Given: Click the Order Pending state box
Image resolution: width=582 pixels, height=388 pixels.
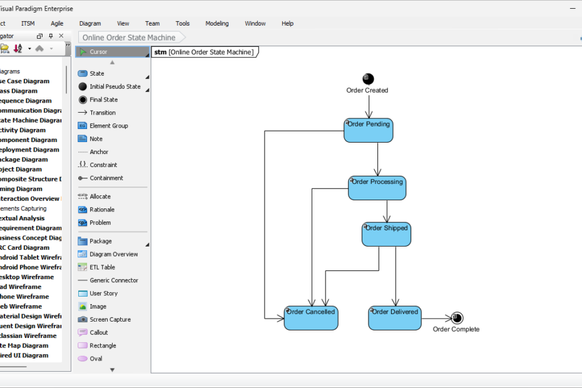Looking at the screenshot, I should click(x=368, y=130).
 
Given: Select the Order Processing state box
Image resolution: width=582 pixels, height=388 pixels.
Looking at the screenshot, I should click(x=377, y=188).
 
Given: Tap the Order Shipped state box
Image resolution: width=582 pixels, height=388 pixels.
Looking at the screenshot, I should click(x=386, y=234).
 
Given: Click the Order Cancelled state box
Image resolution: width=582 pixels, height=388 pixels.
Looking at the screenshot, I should click(x=311, y=318).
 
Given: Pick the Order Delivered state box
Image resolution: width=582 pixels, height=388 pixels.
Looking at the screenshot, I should click(x=394, y=318).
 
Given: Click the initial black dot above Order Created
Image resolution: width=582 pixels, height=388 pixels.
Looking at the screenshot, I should click(x=368, y=79).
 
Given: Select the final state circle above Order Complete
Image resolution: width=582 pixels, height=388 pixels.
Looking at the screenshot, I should click(x=457, y=318).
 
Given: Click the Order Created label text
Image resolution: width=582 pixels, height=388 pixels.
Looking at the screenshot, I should click(x=367, y=91).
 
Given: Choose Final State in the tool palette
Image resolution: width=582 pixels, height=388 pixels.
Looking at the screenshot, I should click(x=103, y=100).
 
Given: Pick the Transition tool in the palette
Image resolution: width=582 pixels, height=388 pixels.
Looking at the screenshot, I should click(x=102, y=113).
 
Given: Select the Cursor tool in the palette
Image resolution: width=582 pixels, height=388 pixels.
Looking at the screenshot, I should click(x=98, y=52).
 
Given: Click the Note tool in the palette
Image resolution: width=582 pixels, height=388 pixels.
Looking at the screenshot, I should click(x=96, y=139).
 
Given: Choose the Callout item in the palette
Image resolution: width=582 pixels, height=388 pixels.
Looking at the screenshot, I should click(x=98, y=332).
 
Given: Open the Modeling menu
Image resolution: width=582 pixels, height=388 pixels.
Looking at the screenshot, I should click(x=217, y=23).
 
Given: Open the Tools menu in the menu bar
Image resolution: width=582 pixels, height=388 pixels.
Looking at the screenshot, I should click(x=182, y=23).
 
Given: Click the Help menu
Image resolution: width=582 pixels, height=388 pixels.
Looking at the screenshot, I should click(x=287, y=23).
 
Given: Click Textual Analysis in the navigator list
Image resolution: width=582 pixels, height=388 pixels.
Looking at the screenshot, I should click(x=22, y=218).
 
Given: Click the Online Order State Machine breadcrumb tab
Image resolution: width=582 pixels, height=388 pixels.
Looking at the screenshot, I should click(x=129, y=38).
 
